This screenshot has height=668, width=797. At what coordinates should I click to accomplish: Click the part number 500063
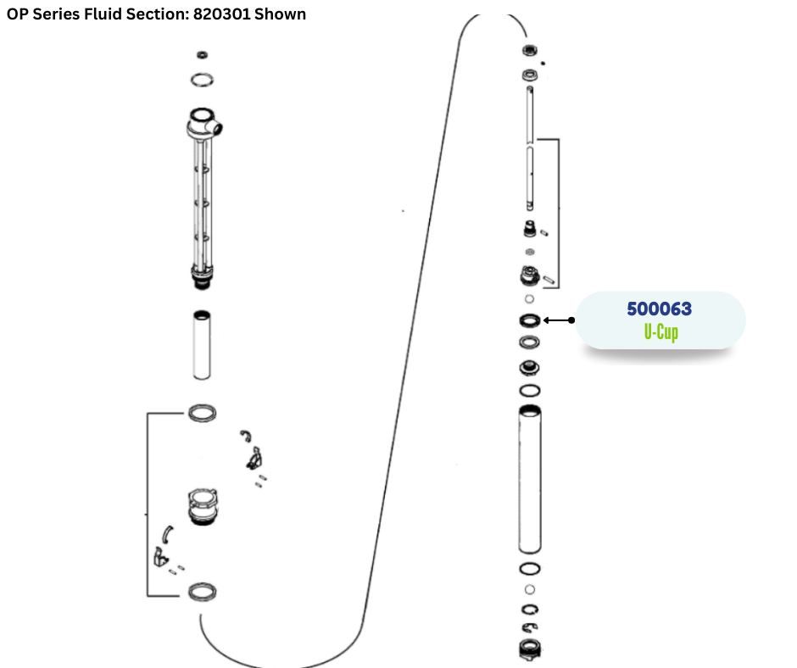[660, 309]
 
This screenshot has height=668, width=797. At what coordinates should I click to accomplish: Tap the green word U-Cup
[660, 331]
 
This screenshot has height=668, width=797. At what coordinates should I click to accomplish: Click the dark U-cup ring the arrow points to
[530, 320]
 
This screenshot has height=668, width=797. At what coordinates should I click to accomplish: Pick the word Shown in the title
[279, 14]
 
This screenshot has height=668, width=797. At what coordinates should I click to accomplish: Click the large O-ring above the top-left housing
[202, 80]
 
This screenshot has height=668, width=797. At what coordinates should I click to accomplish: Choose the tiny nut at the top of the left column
[202, 55]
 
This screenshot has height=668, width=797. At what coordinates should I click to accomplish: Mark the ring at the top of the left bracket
[201, 413]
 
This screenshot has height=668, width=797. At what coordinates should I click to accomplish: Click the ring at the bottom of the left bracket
[201, 591]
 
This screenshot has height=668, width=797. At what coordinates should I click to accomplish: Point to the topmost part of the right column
[530, 52]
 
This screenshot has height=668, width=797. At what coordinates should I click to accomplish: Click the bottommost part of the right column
[529, 649]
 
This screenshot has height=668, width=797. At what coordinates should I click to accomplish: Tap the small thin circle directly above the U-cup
[530, 299]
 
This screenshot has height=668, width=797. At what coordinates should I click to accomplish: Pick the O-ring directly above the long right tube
[530, 390]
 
